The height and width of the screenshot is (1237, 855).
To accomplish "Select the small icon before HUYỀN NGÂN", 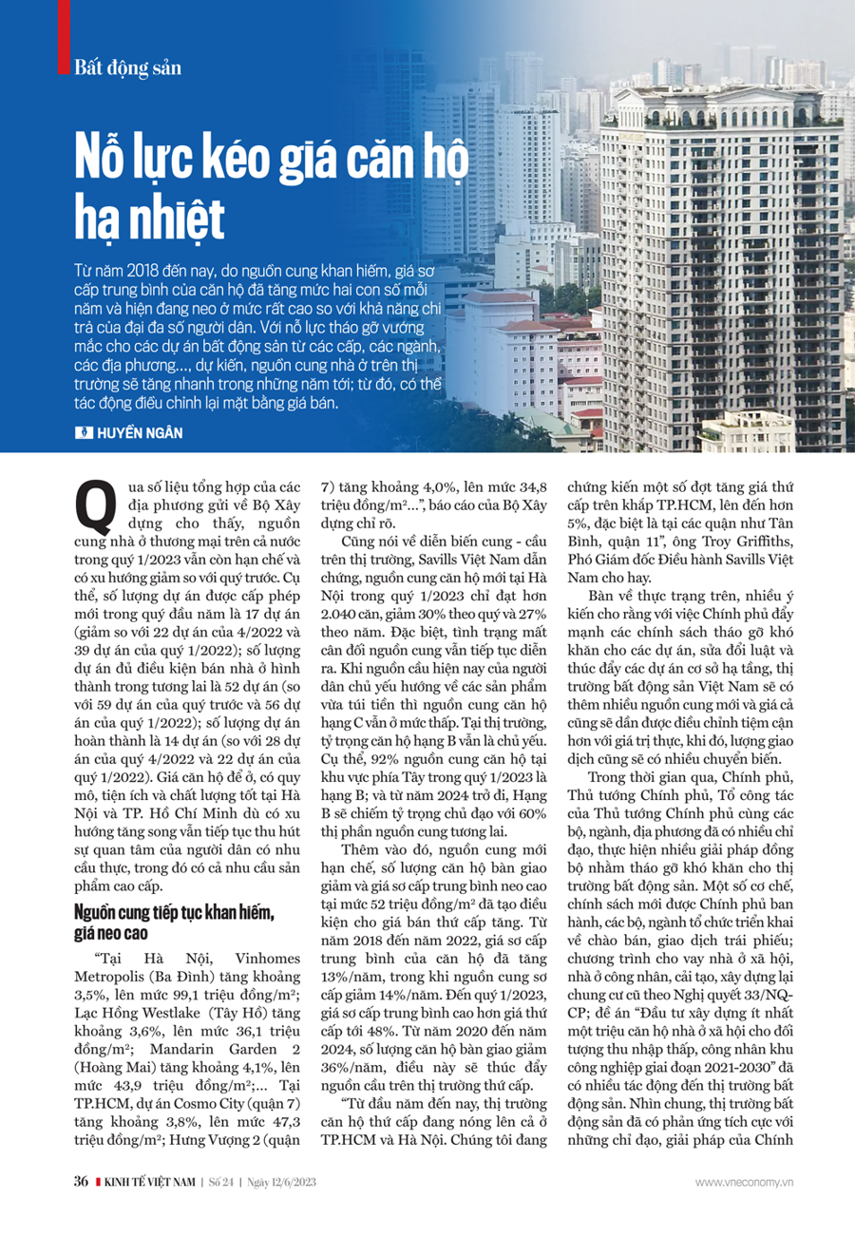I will point(81,432).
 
